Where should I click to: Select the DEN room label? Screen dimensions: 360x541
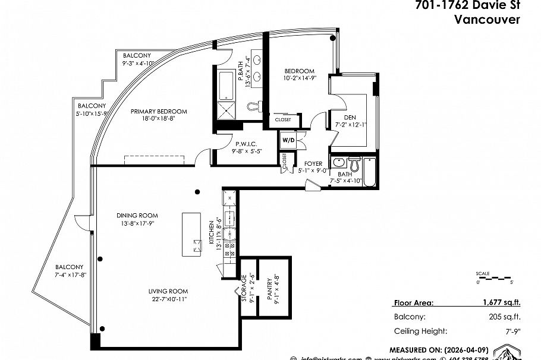pos(342,118)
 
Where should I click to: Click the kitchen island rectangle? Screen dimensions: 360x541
pos(193,233)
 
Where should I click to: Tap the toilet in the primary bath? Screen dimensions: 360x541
pos(256,106)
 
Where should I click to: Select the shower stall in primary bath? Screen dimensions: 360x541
pos(226,110)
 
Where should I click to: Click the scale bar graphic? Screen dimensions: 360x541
pos(494,277)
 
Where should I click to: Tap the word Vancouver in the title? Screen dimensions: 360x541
pos(487,19)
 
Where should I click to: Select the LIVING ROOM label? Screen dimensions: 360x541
pos(168,291)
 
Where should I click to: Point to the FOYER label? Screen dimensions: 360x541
pos(313,163)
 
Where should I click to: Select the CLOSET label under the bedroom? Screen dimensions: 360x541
pos(283,119)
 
